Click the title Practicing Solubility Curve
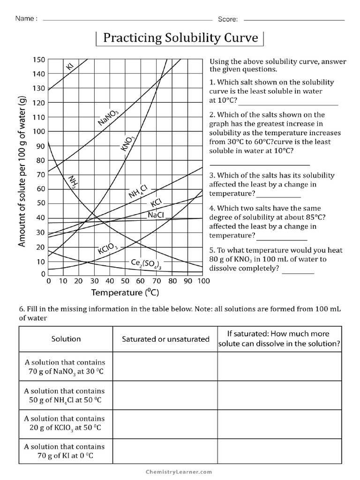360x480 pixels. (180, 38)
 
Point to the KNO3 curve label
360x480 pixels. (127, 142)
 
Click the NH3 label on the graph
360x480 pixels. (73, 182)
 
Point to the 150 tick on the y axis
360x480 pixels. (38, 60)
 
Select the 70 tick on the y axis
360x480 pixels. (40, 175)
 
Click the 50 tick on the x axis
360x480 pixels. (125, 281)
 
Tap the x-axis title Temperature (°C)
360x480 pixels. (125, 293)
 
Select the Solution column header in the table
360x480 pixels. (66, 339)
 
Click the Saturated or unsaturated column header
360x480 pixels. (165, 339)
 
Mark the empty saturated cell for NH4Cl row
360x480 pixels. (165, 395)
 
